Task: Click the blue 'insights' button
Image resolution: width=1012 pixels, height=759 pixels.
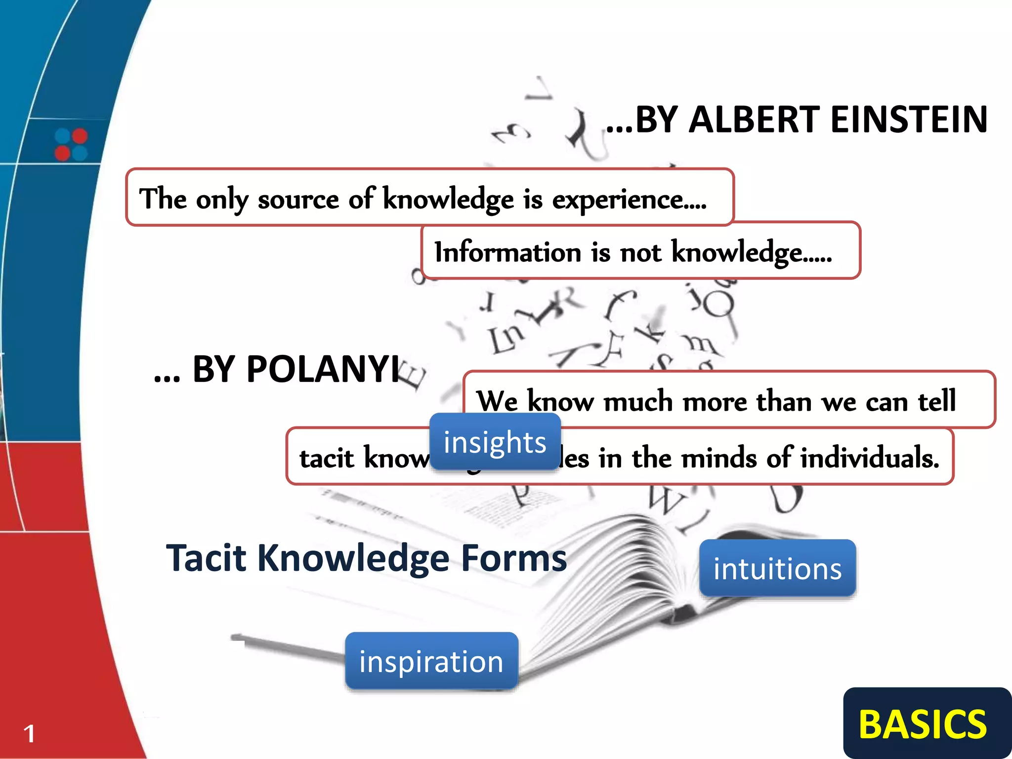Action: click(495, 442)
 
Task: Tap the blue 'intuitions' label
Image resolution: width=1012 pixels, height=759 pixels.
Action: click(777, 568)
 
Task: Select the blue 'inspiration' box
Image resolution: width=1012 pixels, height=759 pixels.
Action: click(431, 661)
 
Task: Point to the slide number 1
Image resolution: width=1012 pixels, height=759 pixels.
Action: click(29, 733)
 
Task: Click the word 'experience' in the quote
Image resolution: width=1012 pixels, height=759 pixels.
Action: click(618, 199)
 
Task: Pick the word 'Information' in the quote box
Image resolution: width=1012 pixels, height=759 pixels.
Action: click(507, 252)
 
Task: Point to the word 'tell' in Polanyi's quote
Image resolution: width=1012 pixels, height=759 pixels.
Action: click(937, 400)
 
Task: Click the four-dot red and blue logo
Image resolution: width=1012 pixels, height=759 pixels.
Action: click(71, 144)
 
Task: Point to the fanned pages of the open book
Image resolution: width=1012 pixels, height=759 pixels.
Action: click(618, 568)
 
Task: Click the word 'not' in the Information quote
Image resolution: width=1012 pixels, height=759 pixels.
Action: click(640, 253)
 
